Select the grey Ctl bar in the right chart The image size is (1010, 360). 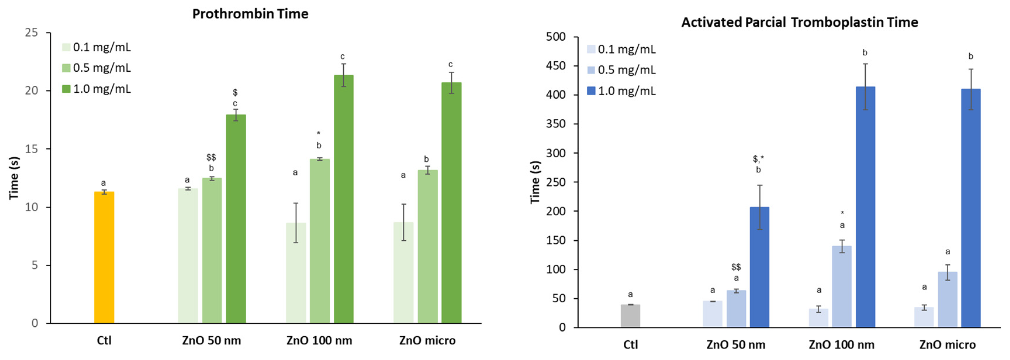pos(630,316)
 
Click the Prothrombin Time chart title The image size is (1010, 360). pos(250,14)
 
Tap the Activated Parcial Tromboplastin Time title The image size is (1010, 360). pos(800,22)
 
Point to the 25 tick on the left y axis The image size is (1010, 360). pos(31,32)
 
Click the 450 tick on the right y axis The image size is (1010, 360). pos(556,66)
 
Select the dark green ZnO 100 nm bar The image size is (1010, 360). pos(343,199)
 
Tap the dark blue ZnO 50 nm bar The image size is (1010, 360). pos(760,267)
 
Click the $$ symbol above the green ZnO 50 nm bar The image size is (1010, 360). pos(211,157)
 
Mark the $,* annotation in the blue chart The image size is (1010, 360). pos(758,159)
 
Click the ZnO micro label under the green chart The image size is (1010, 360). pos(427,340)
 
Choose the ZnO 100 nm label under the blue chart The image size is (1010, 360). pos(841,345)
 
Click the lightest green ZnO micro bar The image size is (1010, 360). pos(404,273)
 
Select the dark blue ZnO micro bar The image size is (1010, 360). pos(971,208)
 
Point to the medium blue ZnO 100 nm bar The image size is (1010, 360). pos(842,286)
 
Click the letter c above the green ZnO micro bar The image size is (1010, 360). pos(451,64)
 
